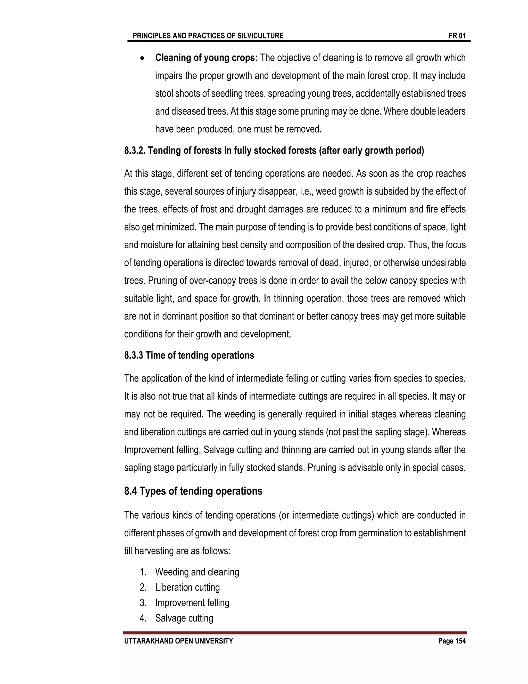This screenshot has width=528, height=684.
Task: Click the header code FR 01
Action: (457, 36)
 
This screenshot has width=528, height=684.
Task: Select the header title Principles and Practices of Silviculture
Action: (208, 36)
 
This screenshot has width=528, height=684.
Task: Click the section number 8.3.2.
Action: (135, 151)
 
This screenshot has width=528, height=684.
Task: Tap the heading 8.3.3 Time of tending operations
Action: (189, 355)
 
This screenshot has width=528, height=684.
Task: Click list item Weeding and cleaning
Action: (197, 572)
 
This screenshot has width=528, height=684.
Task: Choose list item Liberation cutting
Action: (187, 587)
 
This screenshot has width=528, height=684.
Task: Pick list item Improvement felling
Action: (192, 603)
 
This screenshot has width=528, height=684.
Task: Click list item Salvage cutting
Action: (184, 618)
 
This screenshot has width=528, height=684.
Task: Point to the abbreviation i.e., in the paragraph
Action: (307, 191)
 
